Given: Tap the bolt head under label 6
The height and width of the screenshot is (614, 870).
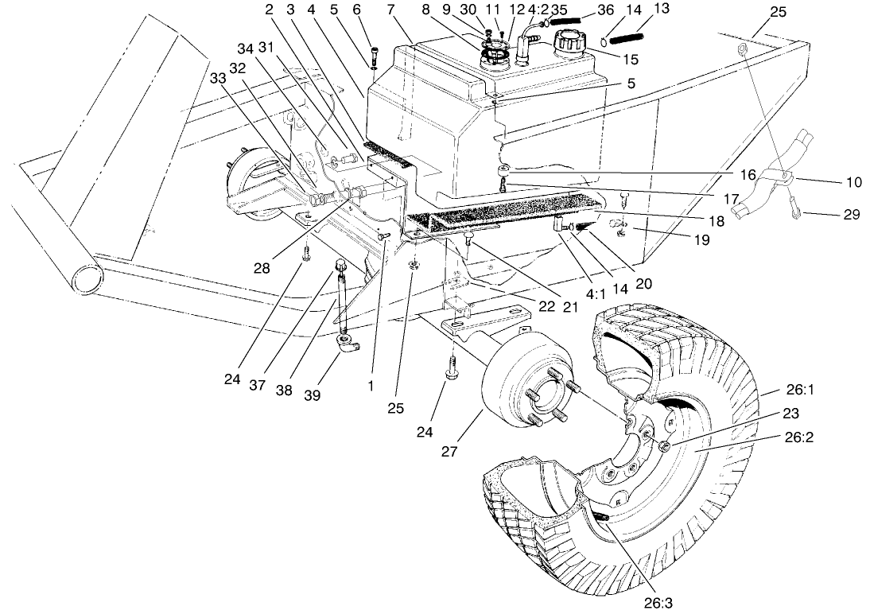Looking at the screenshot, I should (375, 56).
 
